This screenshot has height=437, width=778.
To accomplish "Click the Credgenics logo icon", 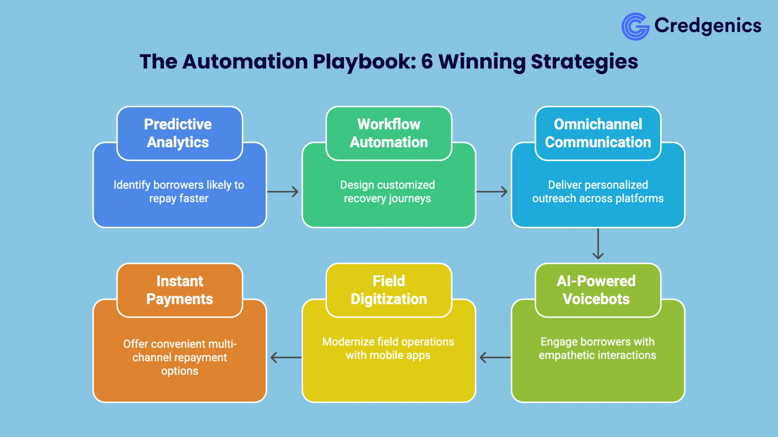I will [635, 27].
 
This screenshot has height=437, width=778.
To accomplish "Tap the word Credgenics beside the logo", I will [708, 26].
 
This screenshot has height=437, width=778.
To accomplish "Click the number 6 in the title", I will [427, 61].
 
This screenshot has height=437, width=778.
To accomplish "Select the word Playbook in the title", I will [364, 61].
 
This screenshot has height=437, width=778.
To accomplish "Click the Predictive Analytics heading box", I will [179, 133].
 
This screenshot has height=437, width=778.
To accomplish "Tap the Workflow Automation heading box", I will [389, 133].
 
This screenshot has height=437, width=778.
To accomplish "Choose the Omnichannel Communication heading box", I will [598, 133].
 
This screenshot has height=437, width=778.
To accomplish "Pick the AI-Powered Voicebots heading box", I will [598, 290].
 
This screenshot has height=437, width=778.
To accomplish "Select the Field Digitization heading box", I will [389, 290].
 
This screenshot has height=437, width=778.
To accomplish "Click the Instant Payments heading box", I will [179, 290].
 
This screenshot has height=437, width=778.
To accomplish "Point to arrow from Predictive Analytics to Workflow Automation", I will [283, 192].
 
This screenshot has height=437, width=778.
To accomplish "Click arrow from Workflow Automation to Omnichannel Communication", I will [492, 192].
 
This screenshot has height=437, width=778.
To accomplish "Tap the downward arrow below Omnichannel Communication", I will [598, 244].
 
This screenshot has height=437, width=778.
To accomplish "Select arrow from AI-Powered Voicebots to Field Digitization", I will [495, 357].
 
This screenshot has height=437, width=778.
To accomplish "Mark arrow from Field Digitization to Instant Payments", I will [286, 357].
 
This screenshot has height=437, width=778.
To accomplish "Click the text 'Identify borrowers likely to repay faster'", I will [179, 192].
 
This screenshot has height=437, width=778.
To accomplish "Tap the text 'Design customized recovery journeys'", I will [387, 192].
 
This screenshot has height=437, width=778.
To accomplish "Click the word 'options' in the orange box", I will [179, 371].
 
